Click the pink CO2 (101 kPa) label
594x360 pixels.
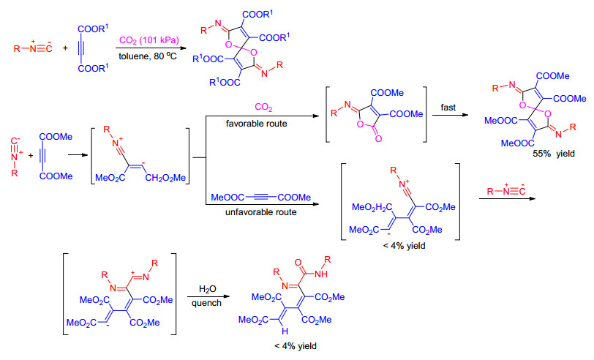(149, 40)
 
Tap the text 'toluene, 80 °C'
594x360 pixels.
(148, 56)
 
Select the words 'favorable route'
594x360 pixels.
(257, 124)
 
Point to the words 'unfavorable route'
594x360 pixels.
(260, 212)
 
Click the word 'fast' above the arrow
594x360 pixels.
(448, 108)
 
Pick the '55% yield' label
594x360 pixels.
(554, 154)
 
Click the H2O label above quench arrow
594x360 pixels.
(208, 289)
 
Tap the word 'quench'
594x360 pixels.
(206, 303)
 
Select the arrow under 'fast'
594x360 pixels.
(450, 115)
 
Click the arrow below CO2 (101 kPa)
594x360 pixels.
(151, 48)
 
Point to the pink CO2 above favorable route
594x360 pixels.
(263, 108)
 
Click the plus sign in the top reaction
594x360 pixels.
(65, 48)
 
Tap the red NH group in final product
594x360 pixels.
(321, 274)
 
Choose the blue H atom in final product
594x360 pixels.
(285, 331)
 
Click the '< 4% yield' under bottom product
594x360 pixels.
(295, 346)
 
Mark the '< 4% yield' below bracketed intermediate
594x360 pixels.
(404, 246)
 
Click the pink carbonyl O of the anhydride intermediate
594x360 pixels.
(378, 139)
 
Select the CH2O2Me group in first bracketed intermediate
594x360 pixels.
(165, 178)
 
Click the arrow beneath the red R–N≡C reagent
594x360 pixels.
(507, 198)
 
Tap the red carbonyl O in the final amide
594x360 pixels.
(298, 262)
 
